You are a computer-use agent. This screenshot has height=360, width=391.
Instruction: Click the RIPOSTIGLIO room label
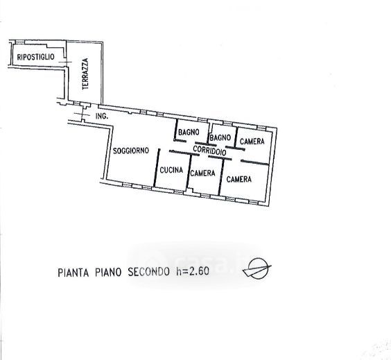tap(35, 57)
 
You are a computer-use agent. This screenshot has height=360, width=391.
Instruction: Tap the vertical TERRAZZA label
tap(85, 74)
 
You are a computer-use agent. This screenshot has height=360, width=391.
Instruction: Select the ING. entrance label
tap(102, 116)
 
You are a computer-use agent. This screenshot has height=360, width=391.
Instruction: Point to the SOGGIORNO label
tap(131, 151)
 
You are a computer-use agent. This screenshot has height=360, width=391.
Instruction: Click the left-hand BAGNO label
tap(189, 132)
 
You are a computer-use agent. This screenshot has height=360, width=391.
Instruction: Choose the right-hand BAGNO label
tap(220, 137)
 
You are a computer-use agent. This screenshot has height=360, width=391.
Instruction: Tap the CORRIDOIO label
tap(210, 151)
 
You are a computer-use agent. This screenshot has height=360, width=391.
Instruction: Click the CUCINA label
tap(171, 170)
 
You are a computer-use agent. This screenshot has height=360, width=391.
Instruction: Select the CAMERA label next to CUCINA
tap(202, 173)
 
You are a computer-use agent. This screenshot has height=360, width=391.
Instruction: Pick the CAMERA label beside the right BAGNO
tap(252, 142)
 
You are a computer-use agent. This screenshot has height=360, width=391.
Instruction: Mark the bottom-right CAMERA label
tap(239, 179)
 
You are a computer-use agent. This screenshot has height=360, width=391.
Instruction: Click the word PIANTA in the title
tap(73, 273)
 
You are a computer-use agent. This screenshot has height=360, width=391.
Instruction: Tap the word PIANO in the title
tap(108, 272)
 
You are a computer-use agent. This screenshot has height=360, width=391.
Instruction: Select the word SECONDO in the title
tap(148, 272)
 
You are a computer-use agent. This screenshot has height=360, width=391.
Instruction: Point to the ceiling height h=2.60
tap(193, 271)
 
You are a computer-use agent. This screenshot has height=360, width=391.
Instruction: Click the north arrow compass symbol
tap(257, 268)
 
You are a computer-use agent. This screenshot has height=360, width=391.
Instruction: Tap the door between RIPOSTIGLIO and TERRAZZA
tap(66, 62)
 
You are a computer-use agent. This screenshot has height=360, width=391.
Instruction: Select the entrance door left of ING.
tap(82, 115)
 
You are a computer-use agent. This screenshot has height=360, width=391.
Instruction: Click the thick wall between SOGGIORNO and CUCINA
tap(157, 168)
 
